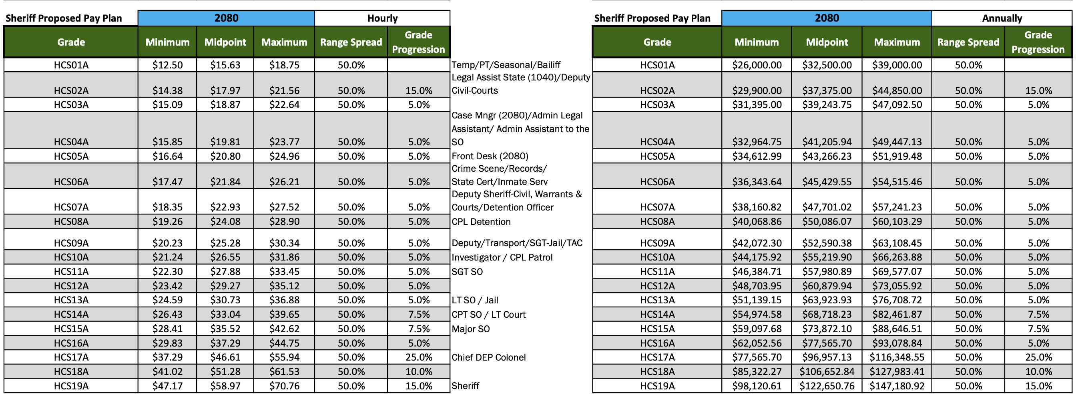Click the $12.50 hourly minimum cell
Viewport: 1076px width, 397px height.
tap(167, 65)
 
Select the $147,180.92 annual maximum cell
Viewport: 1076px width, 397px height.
tap(897, 386)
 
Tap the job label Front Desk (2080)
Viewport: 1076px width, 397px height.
tap(490, 156)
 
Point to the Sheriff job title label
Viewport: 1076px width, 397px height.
tap(465, 386)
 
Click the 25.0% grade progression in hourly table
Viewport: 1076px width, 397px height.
tap(419, 357)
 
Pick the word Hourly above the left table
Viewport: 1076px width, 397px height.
tap(382, 18)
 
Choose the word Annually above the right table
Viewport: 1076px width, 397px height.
tap(1002, 18)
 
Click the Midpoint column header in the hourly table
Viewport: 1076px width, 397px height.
tap(225, 42)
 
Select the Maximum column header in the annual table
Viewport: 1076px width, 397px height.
tap(897, 42)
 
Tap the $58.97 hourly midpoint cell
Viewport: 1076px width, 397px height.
tap(225, 386)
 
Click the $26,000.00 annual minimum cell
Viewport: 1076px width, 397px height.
tap(757, 65)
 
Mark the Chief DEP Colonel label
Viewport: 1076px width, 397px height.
tap(488, 357)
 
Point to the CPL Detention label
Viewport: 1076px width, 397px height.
tap(481, 222)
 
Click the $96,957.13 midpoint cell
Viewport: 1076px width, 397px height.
tap(827, 357)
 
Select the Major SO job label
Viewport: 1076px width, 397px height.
tap(470, 329)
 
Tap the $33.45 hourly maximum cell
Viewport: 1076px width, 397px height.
tap(284, 272)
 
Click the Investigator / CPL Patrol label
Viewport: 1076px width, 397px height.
tap(502, 258)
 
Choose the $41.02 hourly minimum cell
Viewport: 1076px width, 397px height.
tap(167, 371)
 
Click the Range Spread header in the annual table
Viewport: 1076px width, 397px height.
tap(968, 42)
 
